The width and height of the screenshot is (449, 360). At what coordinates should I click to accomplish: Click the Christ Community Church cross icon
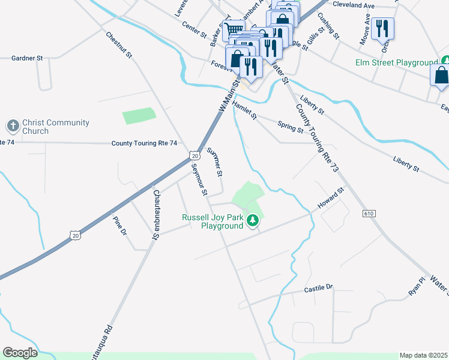pos(13,126)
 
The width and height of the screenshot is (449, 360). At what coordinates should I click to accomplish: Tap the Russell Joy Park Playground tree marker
pos(253,221)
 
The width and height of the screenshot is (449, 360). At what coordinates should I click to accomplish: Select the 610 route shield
pos(369,214)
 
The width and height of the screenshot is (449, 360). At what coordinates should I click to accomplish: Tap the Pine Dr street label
pos(120,225)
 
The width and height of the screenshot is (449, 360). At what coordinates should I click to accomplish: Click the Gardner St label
pos(28,58)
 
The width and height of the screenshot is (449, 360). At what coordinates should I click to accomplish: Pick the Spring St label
pos(291,127)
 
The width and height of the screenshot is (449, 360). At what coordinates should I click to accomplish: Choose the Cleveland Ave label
pos(354,5)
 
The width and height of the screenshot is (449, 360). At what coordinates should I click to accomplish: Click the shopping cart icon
pos(233,28)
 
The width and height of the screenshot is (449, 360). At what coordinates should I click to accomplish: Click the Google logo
pos(20,353)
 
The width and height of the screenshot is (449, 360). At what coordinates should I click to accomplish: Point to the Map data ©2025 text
pos(423,355)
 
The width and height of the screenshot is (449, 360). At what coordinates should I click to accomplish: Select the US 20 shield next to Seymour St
pos(194,155)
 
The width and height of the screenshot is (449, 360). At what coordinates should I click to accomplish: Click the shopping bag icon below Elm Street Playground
pos(441,76)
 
